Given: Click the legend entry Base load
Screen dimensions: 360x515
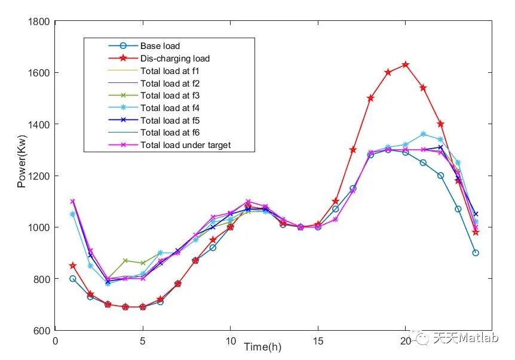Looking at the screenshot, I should tap(160, 46).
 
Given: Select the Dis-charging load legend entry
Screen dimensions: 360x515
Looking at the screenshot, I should tap(175, 59).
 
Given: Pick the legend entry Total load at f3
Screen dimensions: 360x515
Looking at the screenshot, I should tap(170, 96).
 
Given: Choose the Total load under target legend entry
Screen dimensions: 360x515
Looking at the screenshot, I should tap(185, 145).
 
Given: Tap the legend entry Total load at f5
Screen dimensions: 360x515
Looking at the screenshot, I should tap(170, 120).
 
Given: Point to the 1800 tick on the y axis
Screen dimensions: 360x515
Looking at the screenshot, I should tap(39, 21).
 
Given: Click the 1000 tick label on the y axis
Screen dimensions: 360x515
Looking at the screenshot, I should tap(39, 227).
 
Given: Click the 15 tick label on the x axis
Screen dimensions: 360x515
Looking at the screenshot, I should tap(318, 341).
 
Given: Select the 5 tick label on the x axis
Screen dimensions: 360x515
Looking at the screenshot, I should tap(143, 341).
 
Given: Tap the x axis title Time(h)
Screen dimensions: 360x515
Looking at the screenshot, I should tap(263, 347).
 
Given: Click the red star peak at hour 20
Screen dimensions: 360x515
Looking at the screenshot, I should tap(406, 64).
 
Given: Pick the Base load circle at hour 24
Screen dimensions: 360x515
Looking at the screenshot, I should tap(476, 253).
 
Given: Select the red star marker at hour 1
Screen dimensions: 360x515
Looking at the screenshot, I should tap(73, 266).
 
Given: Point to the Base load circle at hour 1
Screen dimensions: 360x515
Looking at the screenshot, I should tap(73, 279).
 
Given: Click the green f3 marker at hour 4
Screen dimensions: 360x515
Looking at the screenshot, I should tap(125, 260).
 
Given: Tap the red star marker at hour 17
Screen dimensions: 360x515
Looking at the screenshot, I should tap(353, 150).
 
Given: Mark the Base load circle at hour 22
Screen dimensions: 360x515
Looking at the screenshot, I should tap(440, 176).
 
